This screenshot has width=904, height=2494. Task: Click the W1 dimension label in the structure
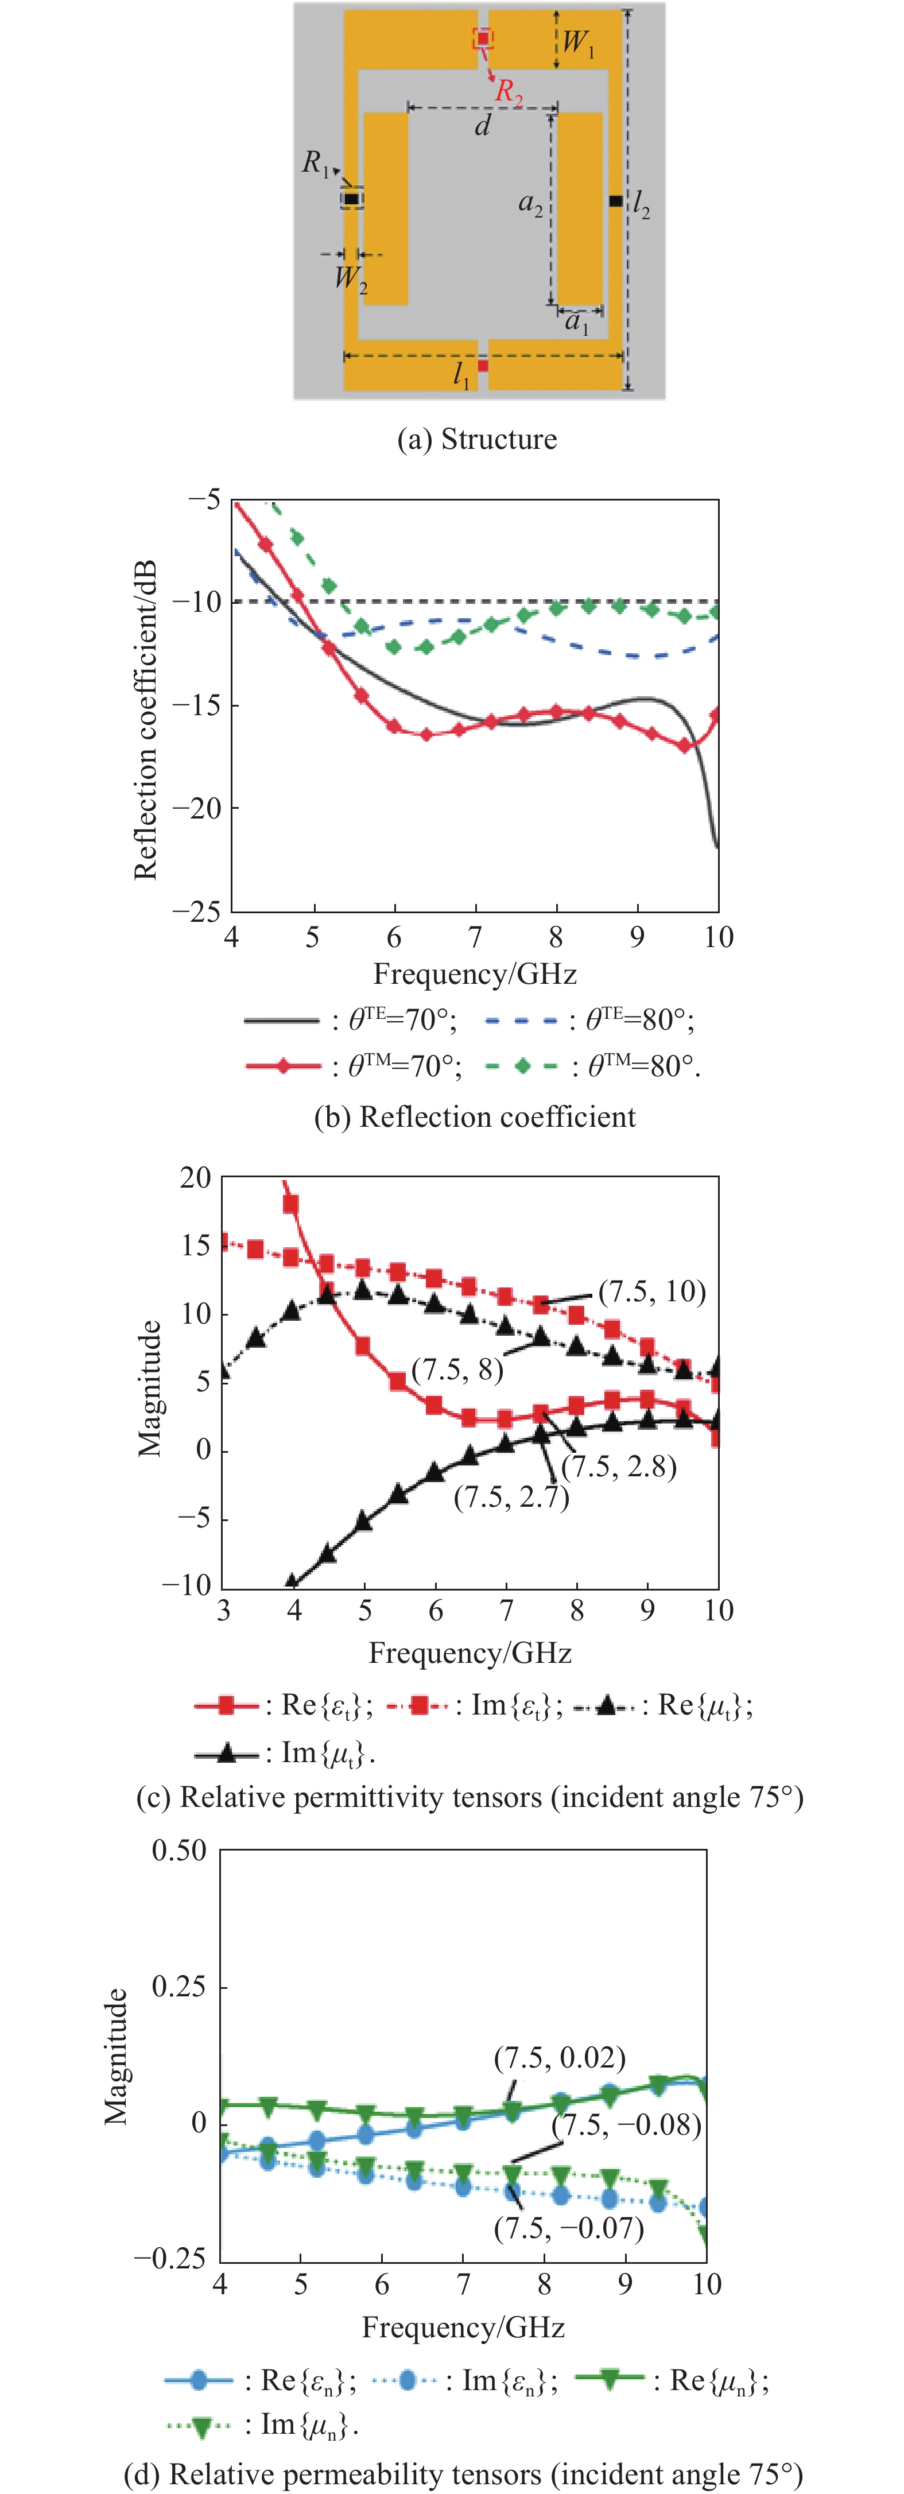pos(578,42)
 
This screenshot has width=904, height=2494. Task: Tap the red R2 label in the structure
pos(509,92)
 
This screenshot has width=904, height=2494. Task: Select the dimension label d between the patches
pos(482,125)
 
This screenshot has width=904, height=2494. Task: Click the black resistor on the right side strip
pos(615,200)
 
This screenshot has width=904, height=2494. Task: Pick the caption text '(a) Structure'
pos(477,440)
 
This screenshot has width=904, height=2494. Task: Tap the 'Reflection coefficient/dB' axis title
pos(145,720)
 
